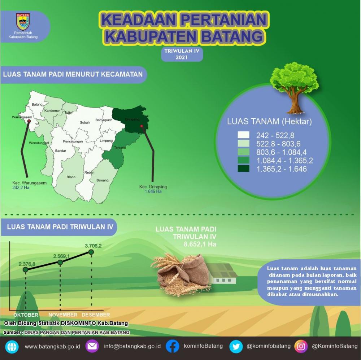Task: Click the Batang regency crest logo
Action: coord(23,22)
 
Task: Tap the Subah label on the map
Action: coord(85,123)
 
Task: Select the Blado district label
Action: coord(71,177)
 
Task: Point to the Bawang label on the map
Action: coord(102,180)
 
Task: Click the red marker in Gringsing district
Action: coord(142,126)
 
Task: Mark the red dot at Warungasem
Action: coord(29,121)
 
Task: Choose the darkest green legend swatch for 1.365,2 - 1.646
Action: coord(243,168)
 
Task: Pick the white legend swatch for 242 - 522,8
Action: coord(243,135)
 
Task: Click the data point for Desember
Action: coord(91,251)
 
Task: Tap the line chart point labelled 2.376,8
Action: coord(25,269)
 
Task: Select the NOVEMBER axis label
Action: coord(63,315)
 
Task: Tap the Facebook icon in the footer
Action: coord(173,346)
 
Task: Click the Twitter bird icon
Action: coord(236,346)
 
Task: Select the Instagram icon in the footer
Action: coord(301,346)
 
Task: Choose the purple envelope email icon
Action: coord(92,346)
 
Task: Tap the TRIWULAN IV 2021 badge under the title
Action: coord(182,54)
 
